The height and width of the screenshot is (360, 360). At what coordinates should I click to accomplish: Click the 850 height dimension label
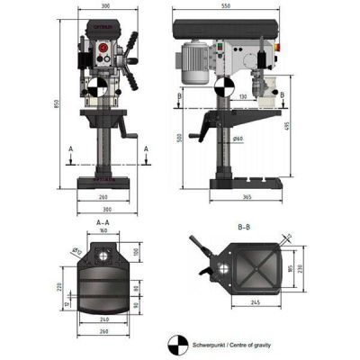pyautogui.click(x=57, y=104)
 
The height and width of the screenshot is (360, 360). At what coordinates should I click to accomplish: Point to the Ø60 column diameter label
pyautogui.click(x=238, y=139)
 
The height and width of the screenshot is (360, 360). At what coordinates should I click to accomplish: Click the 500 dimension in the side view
pyautogui.click(x=179, y=138)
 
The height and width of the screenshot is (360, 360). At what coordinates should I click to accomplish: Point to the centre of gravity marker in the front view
pyautogui.click(x=97, y=89)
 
